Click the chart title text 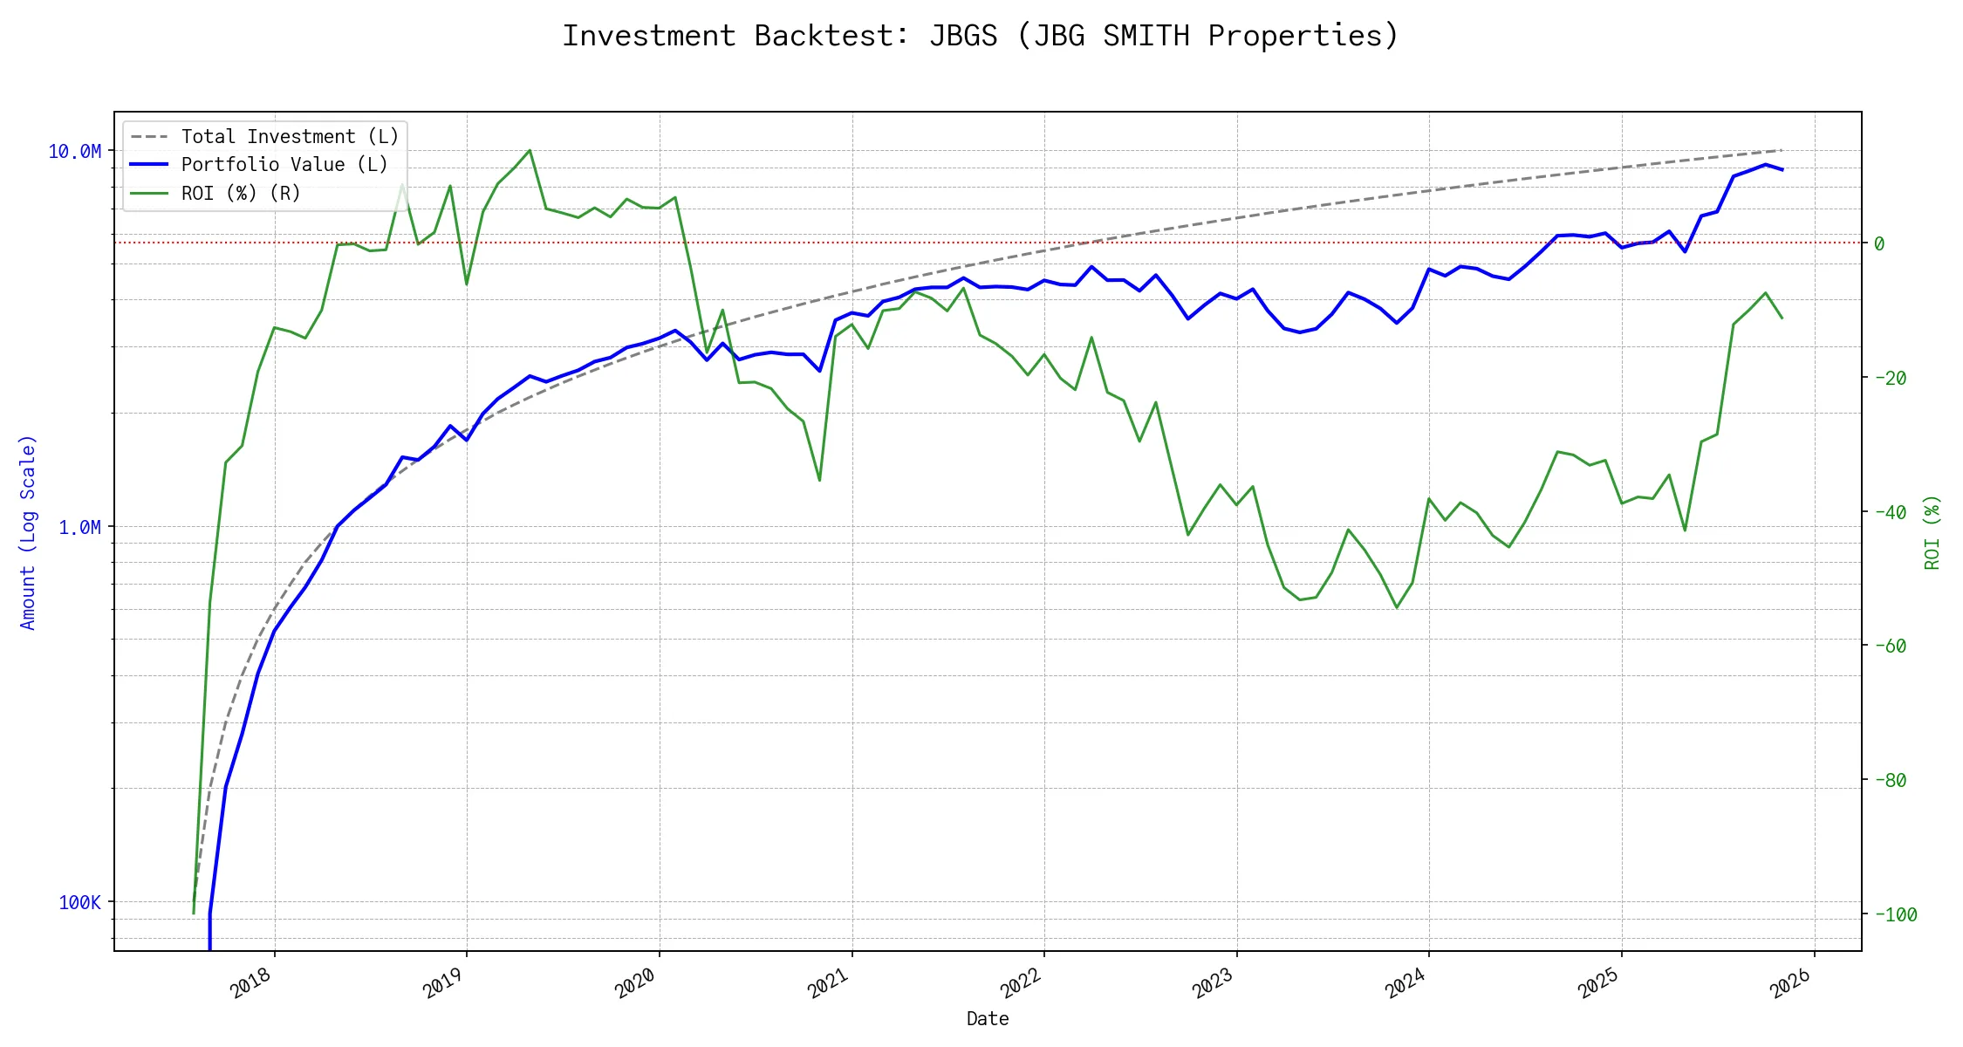tap(981, 36)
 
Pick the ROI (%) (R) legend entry tap(241, 194)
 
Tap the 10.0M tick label tap(74, 152)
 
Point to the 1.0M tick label tap(79, 527)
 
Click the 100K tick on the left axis tap(79, 902)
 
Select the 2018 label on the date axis tap(251, 983)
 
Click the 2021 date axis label tap(828, 983)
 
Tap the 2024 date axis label tap(1405, 983)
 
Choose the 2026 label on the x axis tap(1790, 983)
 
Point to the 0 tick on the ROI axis tap(1879, 243)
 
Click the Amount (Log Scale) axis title tap(28, 532)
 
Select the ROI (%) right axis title tap(1932, 532)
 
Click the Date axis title tap(988, 1019)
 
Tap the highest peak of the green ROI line tap(530, 150)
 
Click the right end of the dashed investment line tap(1782, 150)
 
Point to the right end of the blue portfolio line tap(1782, 169)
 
